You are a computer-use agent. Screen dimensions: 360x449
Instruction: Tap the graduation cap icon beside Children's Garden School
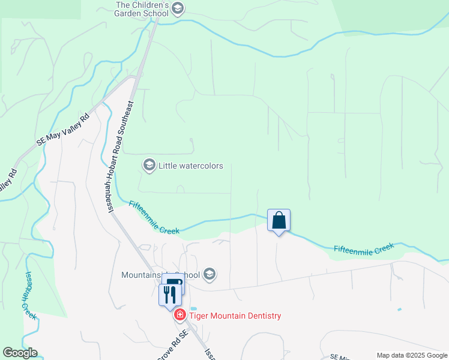coord(177,8)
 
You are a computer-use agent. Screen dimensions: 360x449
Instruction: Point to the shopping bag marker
coord(279,220)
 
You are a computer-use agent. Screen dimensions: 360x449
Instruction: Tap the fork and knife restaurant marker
coord(169,294)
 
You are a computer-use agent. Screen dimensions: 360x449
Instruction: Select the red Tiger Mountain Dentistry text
coord(235,316)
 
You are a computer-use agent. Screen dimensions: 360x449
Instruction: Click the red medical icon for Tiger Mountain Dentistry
coord(179,315)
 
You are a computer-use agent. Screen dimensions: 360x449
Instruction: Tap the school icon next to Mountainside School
coord(209,275)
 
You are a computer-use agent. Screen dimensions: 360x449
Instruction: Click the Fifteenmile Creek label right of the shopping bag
coord(364,248)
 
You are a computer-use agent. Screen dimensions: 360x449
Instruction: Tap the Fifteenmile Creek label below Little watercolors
coord(154,217)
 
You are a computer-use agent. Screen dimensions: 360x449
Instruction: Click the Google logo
coord(20,353)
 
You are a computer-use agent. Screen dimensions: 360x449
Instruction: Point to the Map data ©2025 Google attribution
coord(411,355)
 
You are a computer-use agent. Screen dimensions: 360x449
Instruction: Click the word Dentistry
coord(262,316)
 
